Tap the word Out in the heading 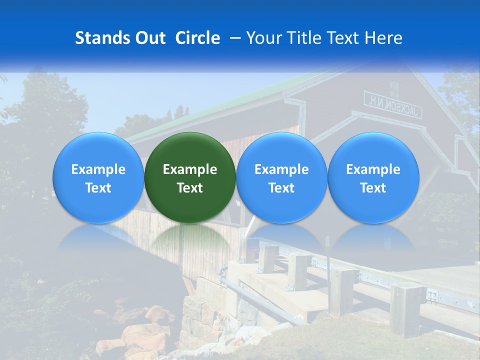click(150, 38)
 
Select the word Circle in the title click(197, 38)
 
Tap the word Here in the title click(383, 38)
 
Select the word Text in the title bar click(343, 38)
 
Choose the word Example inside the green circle click(190, 169)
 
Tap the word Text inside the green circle click(190, 188)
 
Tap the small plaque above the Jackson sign click(394, 88)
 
